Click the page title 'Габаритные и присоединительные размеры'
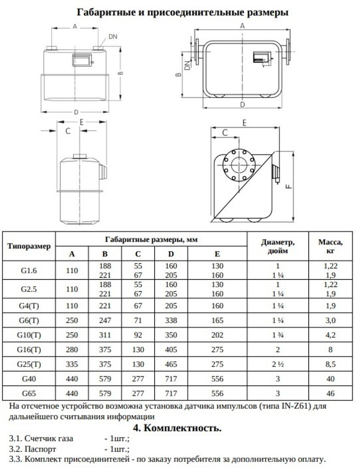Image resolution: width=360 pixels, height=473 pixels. (x=183, y=12)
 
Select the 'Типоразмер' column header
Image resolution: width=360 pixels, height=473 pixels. (x=29, y=247)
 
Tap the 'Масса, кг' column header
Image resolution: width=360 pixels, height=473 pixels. (x=330, y=246)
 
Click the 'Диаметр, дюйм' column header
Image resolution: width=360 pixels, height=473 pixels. (x=278, y=246)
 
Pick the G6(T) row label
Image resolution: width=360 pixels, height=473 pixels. (x=29, y=320)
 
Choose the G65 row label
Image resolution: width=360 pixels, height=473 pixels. (x=29, y=393)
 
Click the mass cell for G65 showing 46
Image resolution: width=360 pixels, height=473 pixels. (x=330, y=393)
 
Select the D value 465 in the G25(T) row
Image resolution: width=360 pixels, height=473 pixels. (x=171, y=364)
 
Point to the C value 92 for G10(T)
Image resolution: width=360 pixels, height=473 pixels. (x=138, y=335)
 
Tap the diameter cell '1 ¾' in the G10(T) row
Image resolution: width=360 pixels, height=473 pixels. (x=278, y=335)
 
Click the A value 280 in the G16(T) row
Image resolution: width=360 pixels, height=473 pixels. (x=72, y=350)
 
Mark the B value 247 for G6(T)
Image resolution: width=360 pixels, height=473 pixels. (x=105, y=320)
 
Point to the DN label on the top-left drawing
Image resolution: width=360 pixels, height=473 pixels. (x=113, y=37)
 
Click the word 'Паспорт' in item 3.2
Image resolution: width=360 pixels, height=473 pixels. (x=40, y=449)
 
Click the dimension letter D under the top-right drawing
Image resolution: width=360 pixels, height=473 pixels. (x=242, y=104)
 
